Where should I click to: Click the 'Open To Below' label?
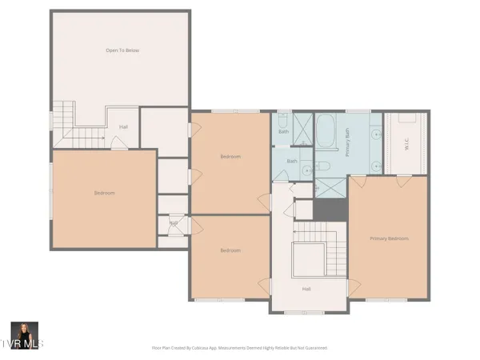tap(122, 50)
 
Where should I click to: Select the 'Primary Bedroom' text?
tap(389, 238)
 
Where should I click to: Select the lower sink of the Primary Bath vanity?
tap(375, 166)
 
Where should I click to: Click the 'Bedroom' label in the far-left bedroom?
tap(104, 193)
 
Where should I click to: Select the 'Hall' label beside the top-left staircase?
tap(124, 126)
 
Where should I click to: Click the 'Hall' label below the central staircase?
tap(306, 289)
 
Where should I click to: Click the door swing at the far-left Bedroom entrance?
tap(118, 143)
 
